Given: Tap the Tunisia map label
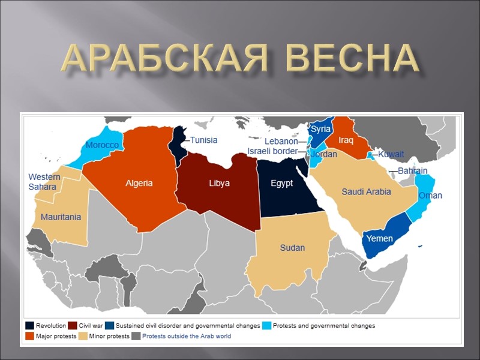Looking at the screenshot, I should click(203, 140).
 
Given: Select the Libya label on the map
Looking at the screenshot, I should click(219, 183).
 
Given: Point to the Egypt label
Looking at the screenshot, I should click(281, 183).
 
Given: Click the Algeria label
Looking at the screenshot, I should click(139, 183).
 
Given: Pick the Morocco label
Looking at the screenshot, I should click(102, 145).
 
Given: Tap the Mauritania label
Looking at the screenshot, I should click(61, 217).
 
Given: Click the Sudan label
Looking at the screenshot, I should click(292, 247).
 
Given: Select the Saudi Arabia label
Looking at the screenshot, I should click(366, 191).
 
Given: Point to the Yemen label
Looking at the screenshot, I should click(379, 239).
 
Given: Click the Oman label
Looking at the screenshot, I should click(430, 196).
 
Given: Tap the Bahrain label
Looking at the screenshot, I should click(412, 171).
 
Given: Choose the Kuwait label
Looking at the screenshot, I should click(391, 154).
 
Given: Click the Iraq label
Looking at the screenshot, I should click(346, 140).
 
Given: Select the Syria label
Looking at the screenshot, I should click(321, 129).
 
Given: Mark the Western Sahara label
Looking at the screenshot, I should click(44, 182).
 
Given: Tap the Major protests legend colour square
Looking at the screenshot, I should click(29, 337).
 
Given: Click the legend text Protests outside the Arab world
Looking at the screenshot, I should click(186, 337).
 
